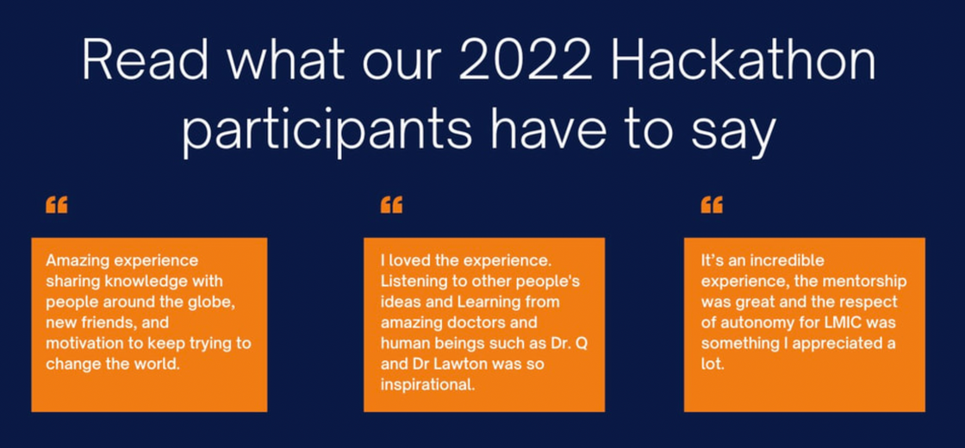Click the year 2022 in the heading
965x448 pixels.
pyautogui.click(x=526, y=62)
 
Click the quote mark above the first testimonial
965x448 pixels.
pyautogui.click(x=57, y=205)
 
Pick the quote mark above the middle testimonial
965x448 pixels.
pyautogui.click(x=391, y=205)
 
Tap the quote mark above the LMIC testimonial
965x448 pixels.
pyautogui.click(x=712, y=205)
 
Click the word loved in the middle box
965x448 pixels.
pyautogui.click(x=408, y=261)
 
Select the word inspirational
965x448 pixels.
pyautogui.click(x=427, y=385)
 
